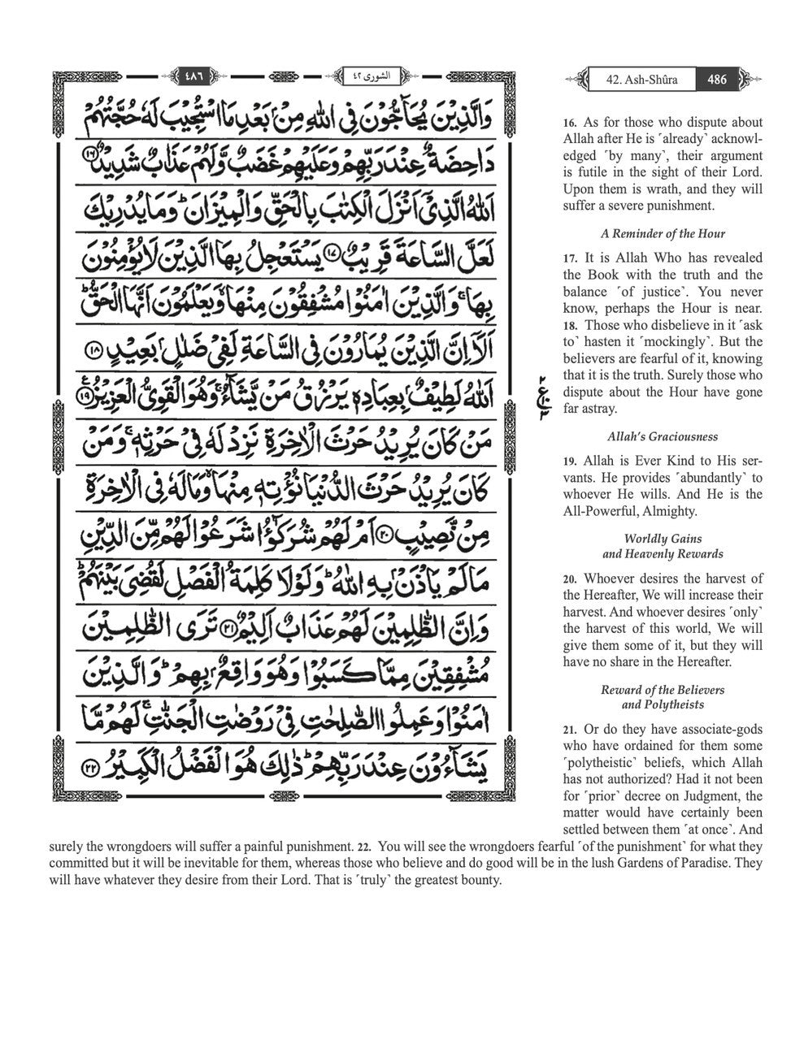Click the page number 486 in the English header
(x=717, y=80)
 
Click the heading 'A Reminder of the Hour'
(x=663, y=233)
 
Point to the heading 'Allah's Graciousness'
(x=663, y=435)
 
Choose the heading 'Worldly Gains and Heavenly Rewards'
(x=663, y=546)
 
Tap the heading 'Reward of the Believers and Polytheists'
(x=663, y=697)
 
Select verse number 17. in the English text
(x=570, y=258)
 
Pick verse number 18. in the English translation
(x=570, y=326)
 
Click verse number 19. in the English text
(x=570, y=461)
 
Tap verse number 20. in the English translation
(x=571, y=579)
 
